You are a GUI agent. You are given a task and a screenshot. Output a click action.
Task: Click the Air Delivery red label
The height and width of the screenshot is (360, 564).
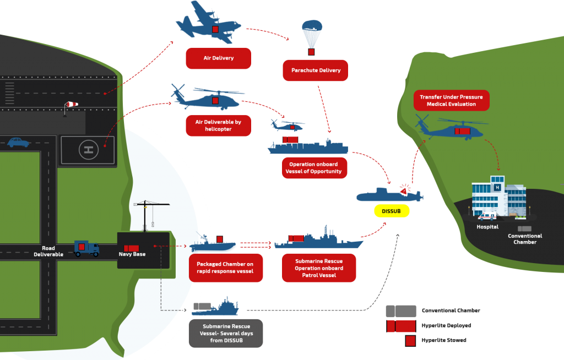point(218,58)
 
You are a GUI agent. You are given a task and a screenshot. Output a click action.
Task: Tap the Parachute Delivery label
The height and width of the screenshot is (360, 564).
point(316,70)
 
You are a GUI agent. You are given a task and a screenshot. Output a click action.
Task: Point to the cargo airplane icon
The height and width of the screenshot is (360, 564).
point(206,24)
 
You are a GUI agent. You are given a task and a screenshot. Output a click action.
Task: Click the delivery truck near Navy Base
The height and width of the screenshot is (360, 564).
point(86,249)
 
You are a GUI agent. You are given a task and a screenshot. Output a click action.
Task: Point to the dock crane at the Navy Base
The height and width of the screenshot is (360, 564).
point(150,215)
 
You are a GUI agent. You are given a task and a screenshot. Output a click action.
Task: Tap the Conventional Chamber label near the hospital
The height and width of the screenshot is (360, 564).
point(524,239)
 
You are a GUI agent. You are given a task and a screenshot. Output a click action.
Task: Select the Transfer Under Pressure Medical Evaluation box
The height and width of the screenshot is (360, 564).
point(451,100)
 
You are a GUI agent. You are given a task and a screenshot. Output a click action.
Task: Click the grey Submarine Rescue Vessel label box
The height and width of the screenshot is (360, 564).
point(226,333)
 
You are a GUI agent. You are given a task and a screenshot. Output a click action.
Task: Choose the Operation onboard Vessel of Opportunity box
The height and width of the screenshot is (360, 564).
point(313,168)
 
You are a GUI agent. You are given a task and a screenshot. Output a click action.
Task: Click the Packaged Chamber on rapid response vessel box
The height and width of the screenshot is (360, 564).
point(225,268)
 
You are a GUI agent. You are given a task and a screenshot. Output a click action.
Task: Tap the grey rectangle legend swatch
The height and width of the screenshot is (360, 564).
point(400,311)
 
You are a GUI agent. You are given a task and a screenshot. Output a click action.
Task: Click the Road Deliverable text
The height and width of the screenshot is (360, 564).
point(48,252)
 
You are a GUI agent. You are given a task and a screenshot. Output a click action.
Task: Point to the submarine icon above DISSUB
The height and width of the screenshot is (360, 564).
point(388,195)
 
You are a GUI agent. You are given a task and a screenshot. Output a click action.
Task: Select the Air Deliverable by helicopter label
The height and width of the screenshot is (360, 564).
point(218,125)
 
